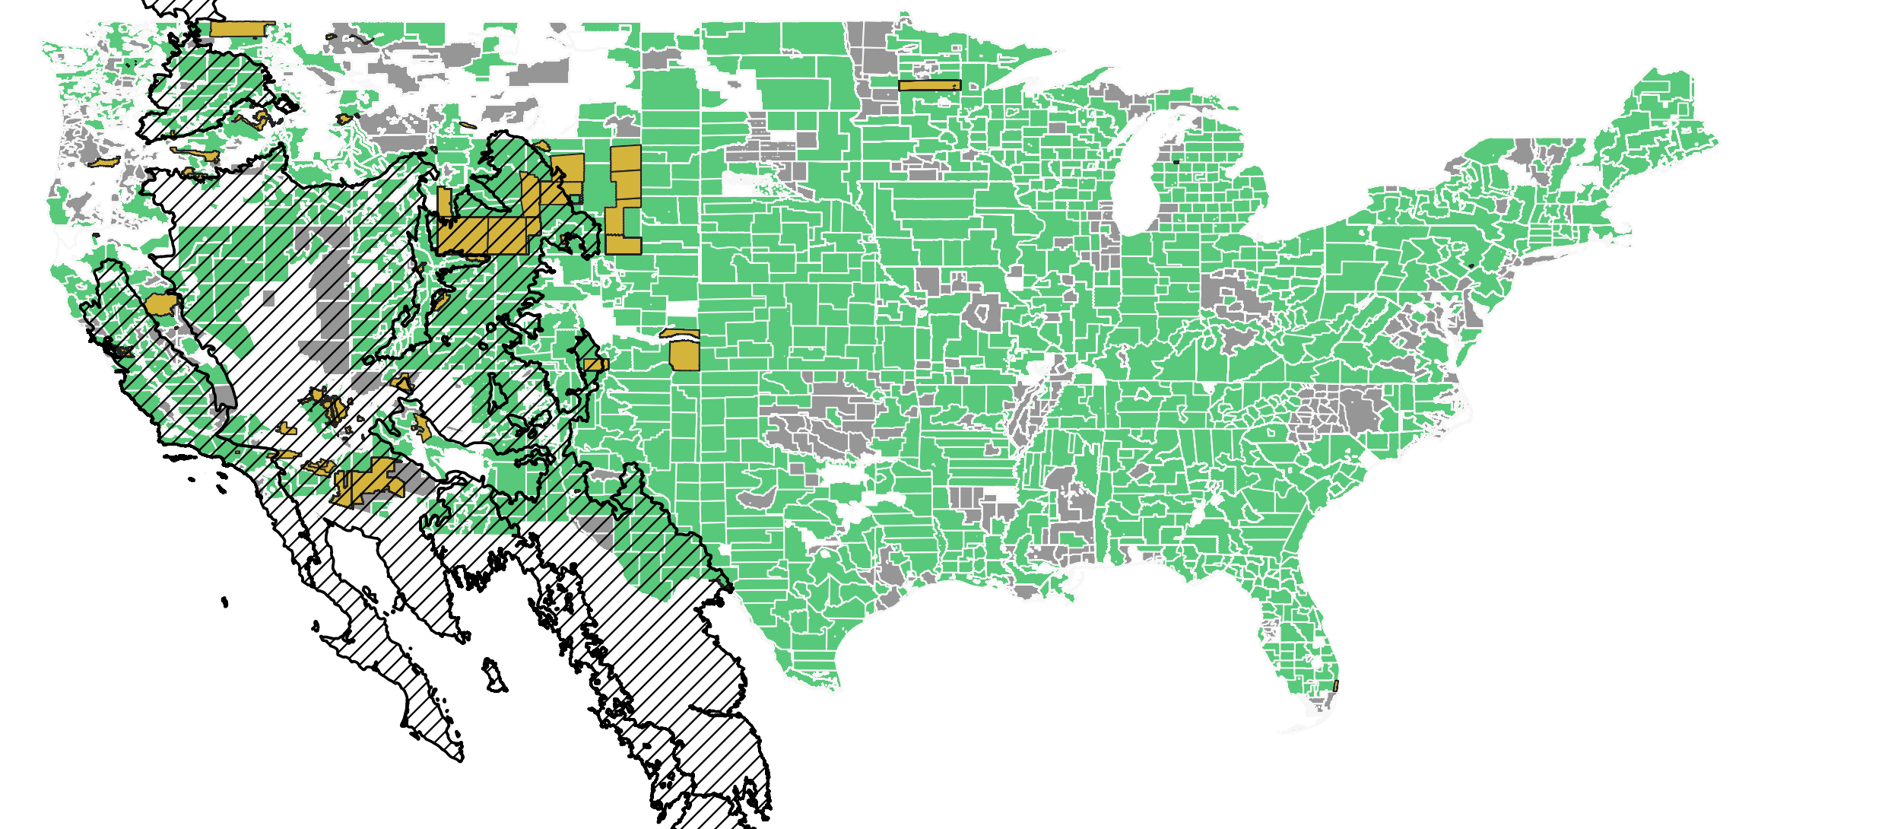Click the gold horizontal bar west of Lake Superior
tap(929, 85)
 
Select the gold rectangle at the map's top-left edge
tap(242, 29)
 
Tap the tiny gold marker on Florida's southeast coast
tap(1335, 685)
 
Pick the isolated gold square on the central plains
tap(684, 355)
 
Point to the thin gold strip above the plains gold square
tap(679, 333)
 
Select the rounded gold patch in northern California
tap(161, 304)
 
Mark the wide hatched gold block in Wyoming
tap(482, 236)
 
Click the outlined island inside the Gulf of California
tap(493, 675)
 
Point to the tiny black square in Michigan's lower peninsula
tap(1176, 161)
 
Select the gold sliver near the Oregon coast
tap(104, 162)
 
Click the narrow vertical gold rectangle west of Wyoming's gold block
tap(444, 202)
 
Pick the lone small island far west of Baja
tap(224, 602)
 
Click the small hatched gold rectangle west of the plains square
tap(594, 365)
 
